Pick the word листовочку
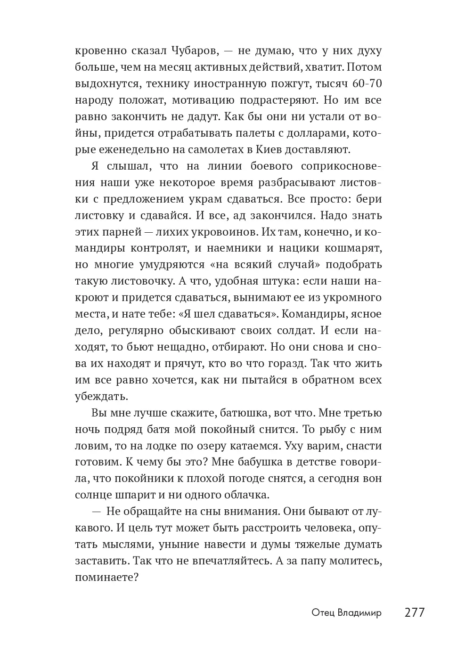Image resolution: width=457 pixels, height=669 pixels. [141, 281]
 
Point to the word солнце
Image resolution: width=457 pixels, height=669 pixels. [92, 495]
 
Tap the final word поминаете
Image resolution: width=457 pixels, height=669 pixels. [106, 578]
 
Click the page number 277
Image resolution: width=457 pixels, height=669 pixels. [415, 612]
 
